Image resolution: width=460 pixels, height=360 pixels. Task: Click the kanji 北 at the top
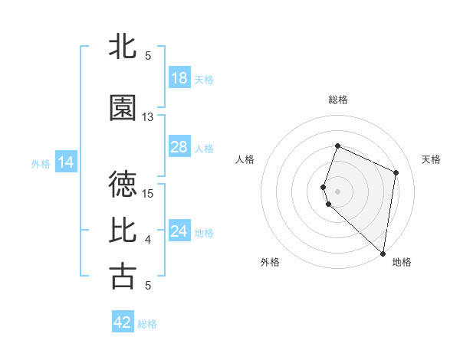123,46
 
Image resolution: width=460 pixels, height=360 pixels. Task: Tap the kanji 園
123,108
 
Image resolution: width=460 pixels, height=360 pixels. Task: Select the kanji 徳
123,184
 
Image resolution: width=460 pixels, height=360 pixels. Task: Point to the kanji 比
123,230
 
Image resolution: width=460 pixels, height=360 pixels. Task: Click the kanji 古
123,276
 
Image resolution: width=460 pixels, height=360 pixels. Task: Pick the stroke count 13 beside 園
148,117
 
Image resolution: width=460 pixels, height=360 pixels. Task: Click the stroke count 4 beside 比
148,240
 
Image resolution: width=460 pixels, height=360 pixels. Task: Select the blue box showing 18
179,78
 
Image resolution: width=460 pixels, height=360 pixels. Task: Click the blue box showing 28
179,147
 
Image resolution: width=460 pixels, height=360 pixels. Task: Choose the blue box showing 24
179,231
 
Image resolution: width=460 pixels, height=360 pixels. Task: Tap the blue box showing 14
65,162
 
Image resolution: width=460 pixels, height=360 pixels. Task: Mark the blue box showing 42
123,322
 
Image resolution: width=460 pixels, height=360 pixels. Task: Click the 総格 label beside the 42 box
147,324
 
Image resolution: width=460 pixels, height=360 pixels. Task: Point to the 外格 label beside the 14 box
41,163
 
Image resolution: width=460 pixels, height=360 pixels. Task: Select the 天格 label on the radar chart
432,159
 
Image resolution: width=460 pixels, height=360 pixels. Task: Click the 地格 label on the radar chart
402,262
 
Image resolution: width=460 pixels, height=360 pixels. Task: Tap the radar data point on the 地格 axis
383,254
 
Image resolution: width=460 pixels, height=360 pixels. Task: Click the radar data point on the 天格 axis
396,172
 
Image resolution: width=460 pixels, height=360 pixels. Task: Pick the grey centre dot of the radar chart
338,191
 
